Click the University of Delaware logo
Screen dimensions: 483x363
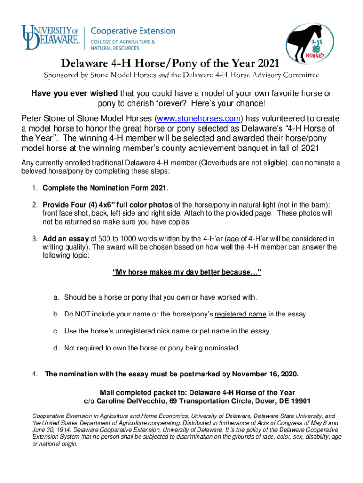(51, 37)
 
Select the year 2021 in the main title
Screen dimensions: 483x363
(266, 63)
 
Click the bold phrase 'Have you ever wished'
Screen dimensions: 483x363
(75, 94)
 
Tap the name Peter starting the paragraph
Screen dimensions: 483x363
(33, 118)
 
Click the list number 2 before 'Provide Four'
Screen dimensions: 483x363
(35, 205)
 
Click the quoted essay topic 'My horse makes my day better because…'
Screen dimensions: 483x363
(186, 273)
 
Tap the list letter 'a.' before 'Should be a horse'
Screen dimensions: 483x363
(56, 297)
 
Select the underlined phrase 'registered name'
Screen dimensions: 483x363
(240, 314)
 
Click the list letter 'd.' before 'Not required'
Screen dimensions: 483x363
(56, 348)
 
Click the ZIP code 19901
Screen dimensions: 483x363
(299, 401)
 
